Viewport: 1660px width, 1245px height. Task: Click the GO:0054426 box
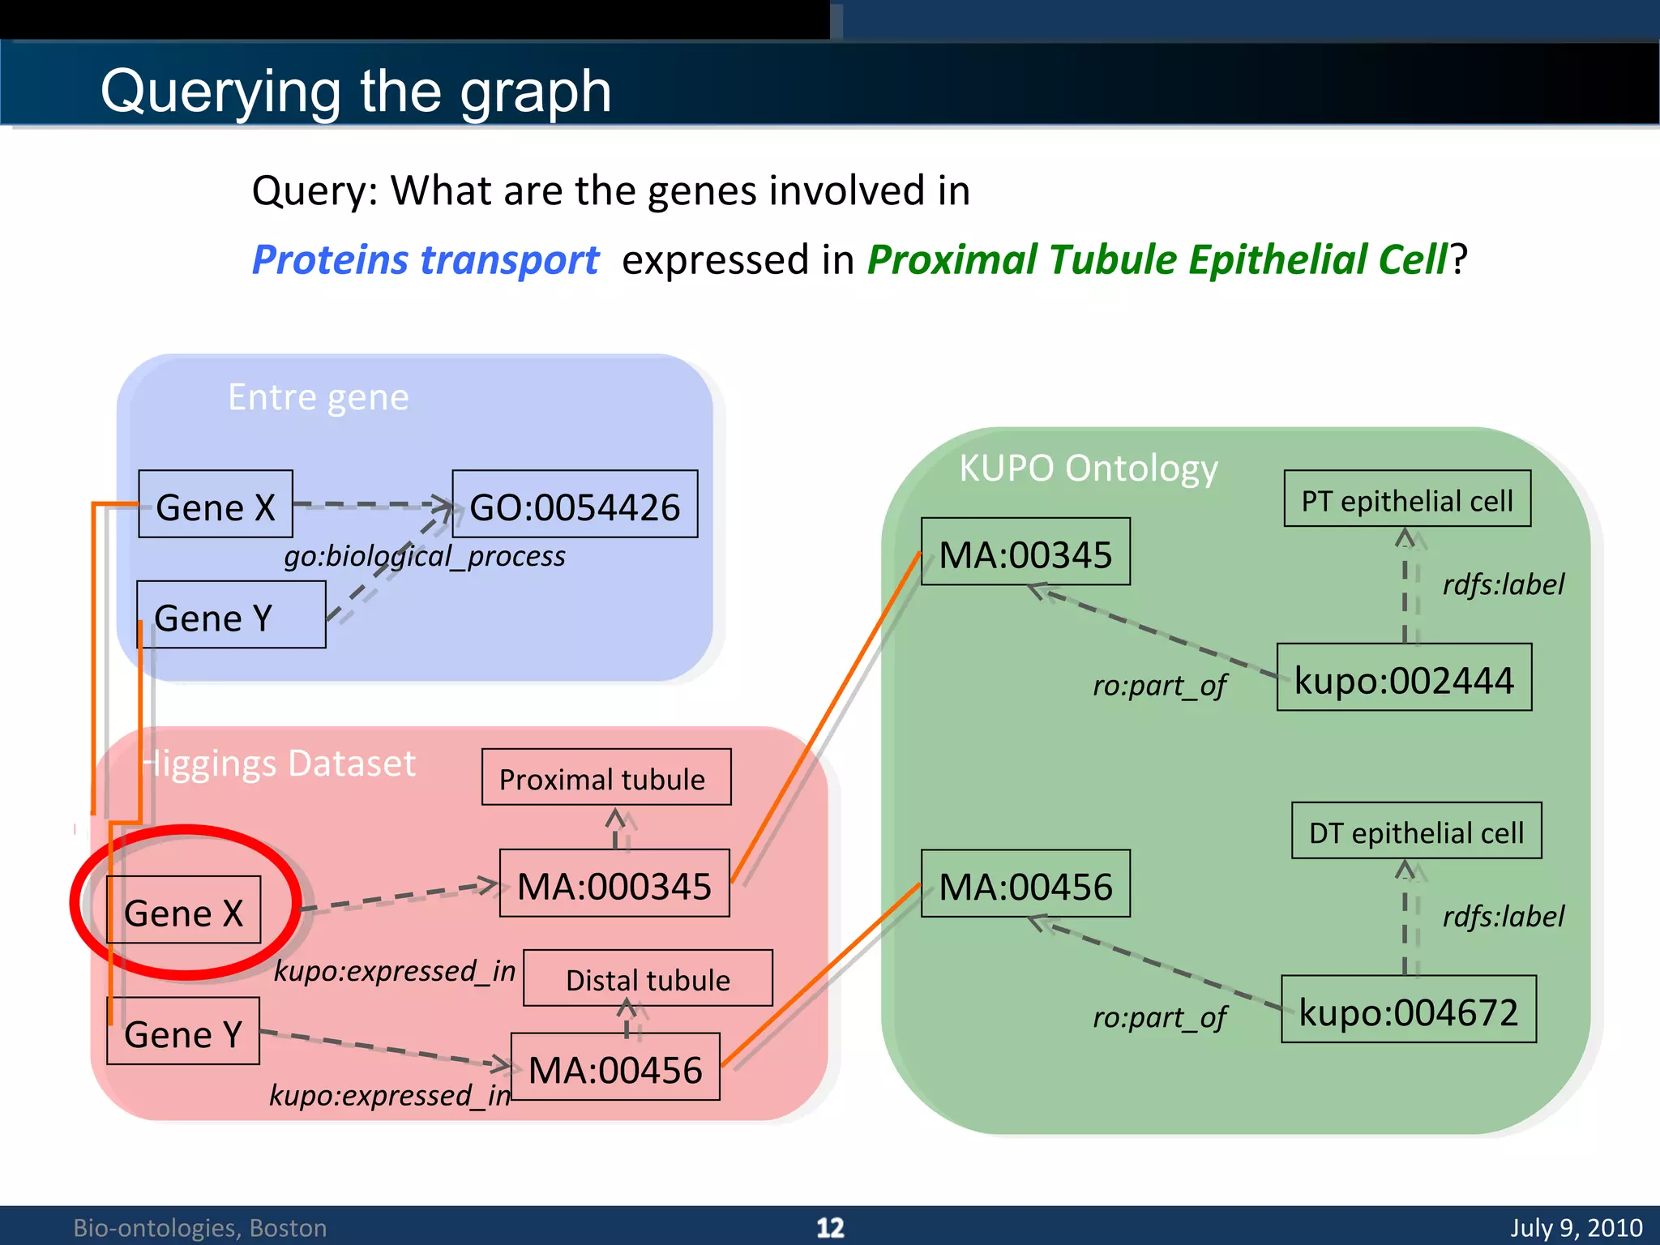575,504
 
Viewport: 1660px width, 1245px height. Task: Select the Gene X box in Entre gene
216,504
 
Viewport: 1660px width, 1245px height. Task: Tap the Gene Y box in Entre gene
231,615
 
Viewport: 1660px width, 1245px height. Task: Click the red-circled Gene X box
184,909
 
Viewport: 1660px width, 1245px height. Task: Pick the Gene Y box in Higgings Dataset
183,1031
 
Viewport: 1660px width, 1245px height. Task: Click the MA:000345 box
614,883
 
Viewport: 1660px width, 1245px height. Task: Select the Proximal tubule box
606,777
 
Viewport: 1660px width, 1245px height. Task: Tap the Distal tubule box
648,978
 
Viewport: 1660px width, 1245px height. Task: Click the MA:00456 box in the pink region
615,1067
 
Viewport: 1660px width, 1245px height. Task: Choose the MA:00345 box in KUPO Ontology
1025,552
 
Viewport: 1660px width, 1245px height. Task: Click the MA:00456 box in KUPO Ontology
1025,883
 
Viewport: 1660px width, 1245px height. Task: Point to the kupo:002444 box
1404,678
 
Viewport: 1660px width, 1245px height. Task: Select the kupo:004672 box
1409,1009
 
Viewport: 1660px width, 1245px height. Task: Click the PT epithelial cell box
1407,499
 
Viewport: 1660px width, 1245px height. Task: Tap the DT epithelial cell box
1416,831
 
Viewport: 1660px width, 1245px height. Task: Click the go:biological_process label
424,556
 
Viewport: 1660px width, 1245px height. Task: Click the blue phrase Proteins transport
426,260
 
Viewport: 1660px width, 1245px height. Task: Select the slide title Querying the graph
356,90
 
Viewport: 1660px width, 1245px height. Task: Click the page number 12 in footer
830,1227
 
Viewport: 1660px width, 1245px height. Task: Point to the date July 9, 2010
1576,1227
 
